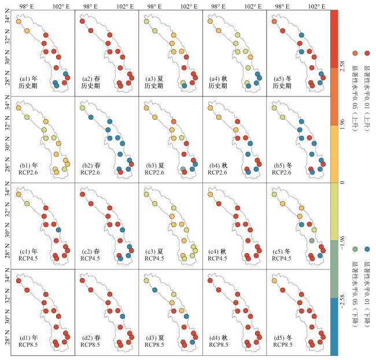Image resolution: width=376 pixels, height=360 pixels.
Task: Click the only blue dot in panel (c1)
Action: tap(60, 230)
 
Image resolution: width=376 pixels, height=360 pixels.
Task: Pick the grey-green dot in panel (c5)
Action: tap(311, 240)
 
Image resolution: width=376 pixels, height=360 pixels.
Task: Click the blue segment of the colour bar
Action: tap(334, 326)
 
